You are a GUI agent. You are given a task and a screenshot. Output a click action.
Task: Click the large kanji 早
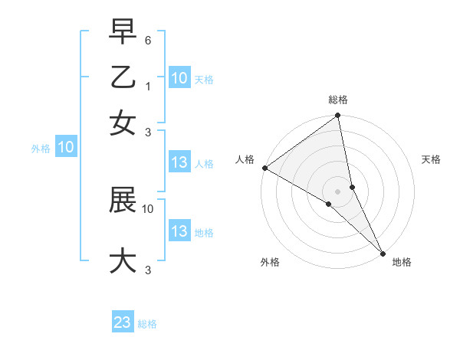pos(123,32)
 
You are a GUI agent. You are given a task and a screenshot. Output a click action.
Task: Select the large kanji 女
pos(123,123)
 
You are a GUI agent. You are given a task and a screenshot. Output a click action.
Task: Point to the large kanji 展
pos(123,201)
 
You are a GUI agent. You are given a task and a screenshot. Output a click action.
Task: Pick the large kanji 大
pos(123,260)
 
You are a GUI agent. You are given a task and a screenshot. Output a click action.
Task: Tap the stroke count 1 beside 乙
pos(149,87)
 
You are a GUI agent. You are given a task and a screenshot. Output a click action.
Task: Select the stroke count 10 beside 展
pos(148,208)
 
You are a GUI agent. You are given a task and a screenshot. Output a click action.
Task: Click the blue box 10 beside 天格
pos(179,78)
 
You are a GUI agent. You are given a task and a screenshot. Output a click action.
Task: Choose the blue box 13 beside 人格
pos(179,162)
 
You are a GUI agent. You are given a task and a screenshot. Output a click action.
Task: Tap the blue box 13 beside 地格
pos(179,231)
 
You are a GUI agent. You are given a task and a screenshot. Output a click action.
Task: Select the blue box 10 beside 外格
pos(66,148)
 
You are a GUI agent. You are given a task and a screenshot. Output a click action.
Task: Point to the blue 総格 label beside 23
pos(147,324)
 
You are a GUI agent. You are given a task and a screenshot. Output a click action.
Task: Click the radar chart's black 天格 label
pos(431,159)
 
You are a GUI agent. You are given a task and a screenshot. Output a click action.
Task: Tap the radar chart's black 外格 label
pos(270,262)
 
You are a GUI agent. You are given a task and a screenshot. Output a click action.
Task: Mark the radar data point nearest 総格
pos(337,116)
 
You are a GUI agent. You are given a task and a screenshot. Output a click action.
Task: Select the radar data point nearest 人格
pos(264,168)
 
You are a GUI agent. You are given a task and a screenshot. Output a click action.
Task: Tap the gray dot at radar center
pos(337,191)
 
